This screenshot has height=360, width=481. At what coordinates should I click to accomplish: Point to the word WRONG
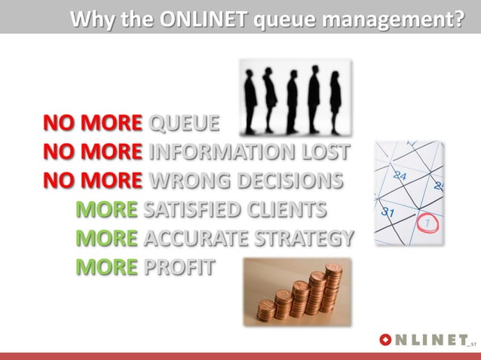tap(186, 181)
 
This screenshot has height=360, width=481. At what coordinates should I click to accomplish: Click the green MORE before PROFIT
tap(106, 267)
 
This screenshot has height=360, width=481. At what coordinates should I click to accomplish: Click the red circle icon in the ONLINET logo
tap(386, 340)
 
